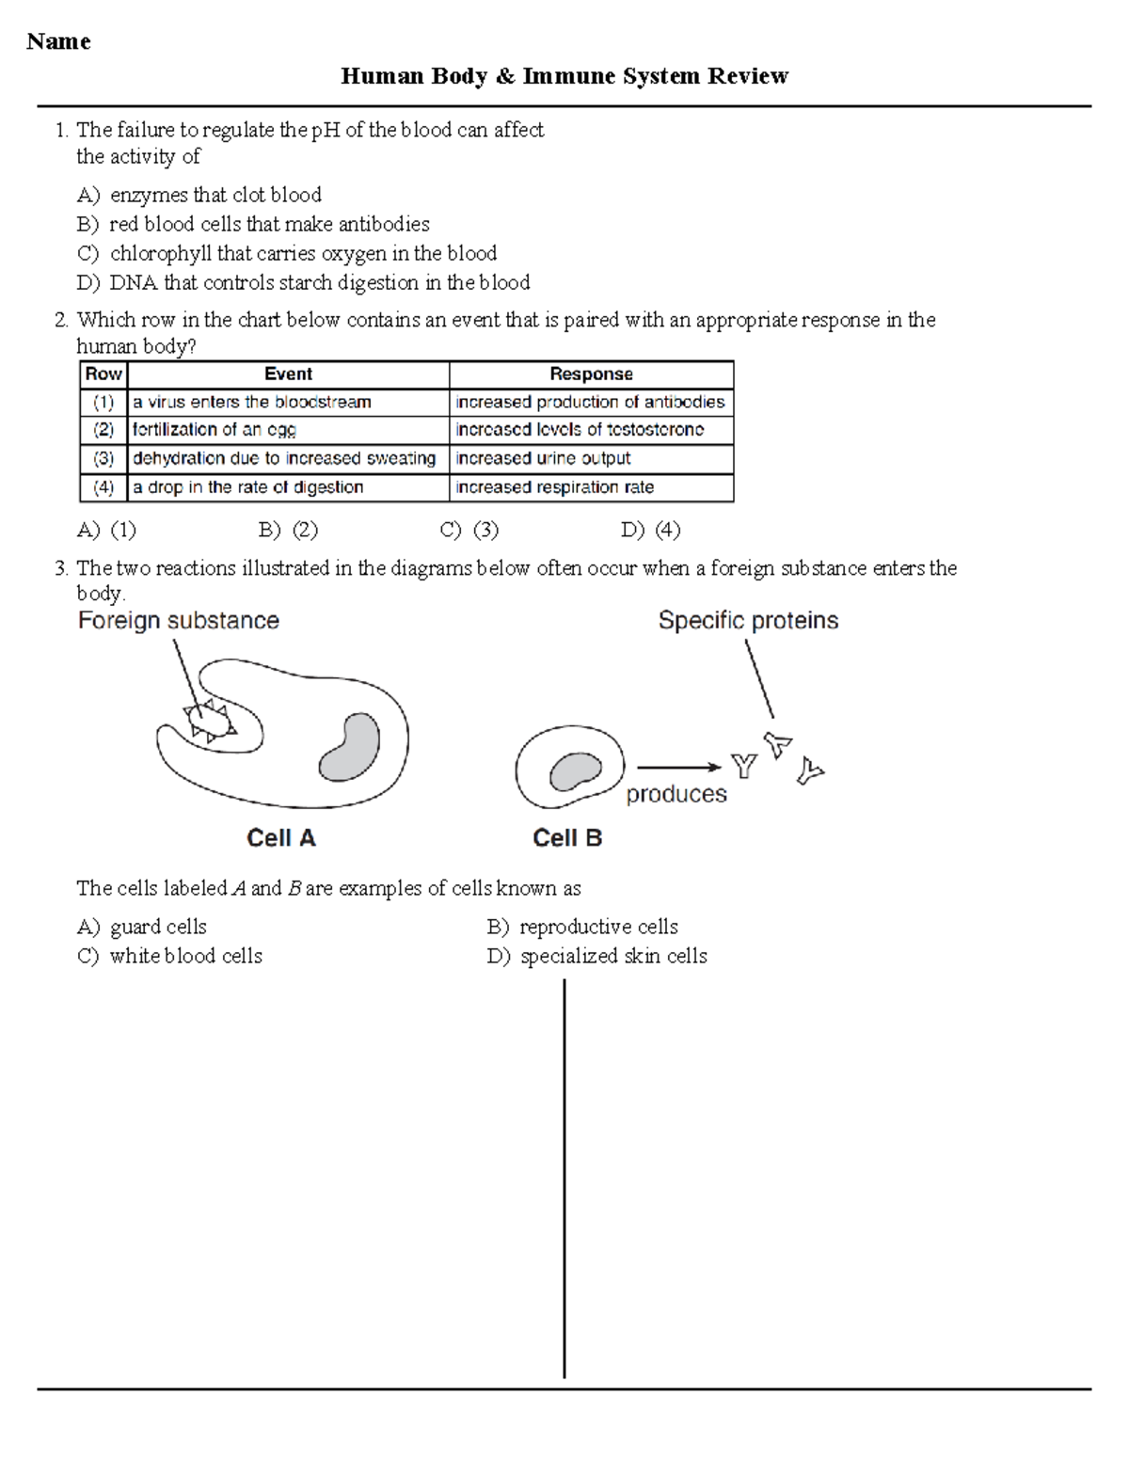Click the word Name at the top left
click(58, 41)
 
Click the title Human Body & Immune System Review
click(564, 76)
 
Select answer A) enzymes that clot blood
click(199, 195)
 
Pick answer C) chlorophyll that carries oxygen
click(287, 253)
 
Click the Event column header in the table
click(288, 374)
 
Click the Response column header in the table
click(591, 374)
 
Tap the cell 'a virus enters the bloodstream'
click(252, 403)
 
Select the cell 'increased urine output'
click(543, 459)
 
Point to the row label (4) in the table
click(103, 487)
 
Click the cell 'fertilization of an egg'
click(215, 430)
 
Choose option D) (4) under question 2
click(651, 530)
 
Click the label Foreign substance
click(179, 621)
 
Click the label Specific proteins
click(748, 621)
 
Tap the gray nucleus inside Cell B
click(575, 771)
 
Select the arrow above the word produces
click(678, 768)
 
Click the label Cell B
click(566, 838)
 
